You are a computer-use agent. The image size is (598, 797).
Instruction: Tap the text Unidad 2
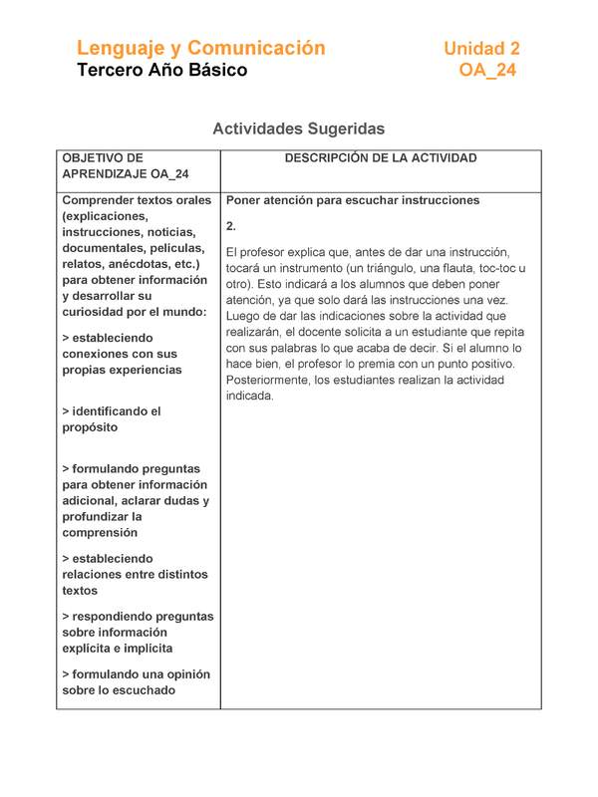tap(481, 48)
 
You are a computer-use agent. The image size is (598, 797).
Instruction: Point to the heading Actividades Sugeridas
tap(298, 130)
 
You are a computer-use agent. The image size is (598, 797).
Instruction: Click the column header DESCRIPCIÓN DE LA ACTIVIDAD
tap(381, 158)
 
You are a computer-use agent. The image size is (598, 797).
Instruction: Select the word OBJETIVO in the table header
tap(103, 158)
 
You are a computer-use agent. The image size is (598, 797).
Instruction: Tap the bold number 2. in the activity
tap(231, 226)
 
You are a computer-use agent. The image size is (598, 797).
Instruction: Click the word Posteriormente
tap(271, 380)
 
